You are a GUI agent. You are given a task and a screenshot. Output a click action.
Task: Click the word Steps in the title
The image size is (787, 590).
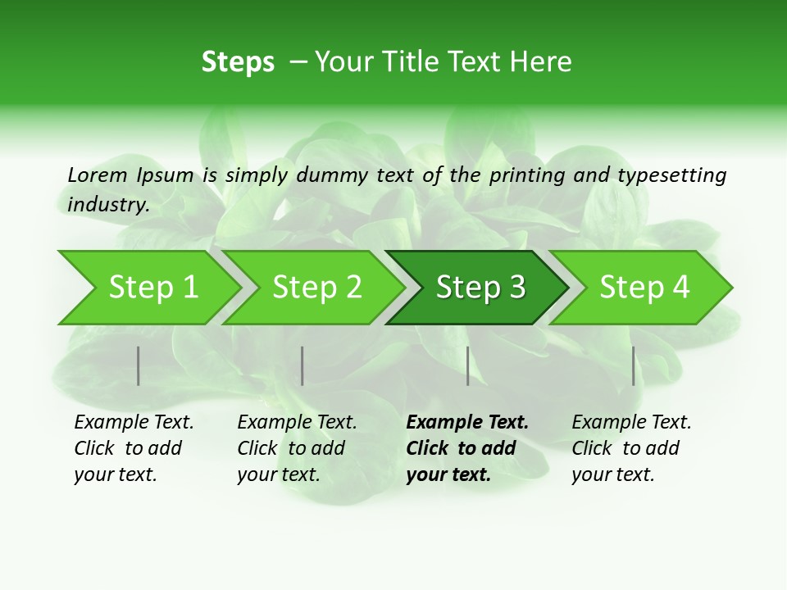[x=238, y=62]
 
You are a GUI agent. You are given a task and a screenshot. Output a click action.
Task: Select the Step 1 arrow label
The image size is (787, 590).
[x=153, y=287]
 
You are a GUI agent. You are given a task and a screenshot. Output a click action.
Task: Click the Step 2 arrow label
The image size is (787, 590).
[x=317, y=287]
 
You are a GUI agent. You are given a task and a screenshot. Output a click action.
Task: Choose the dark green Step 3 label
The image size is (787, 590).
[x=480, y=287]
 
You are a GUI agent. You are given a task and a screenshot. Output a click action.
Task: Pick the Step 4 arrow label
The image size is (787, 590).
[x=644, y=287]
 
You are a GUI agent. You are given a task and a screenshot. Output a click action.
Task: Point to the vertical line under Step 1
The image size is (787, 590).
[x=139, y=365]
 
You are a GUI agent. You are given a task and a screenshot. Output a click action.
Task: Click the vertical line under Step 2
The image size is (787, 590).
[x=303, y=365]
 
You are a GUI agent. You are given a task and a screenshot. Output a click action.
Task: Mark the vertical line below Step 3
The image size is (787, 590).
[x=468, y=365]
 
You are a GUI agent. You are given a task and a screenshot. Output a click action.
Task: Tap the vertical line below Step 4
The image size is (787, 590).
[x=634, y=365]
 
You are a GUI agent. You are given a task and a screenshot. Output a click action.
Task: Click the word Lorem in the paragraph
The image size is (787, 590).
[x=98, y=175]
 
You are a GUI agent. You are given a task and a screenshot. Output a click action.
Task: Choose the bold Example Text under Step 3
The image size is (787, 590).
[x=467, y=422]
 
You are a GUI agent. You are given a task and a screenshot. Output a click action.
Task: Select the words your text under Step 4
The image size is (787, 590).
[x=612, y=474]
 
